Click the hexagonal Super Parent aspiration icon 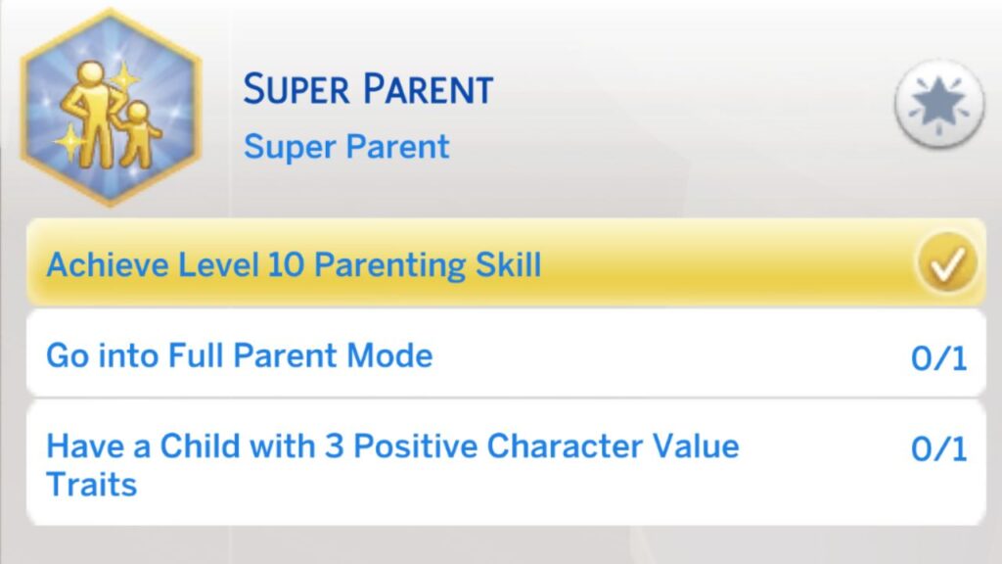pyautogui.click(x=111, y=108)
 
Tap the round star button pyautogui.click(x=938, y=103)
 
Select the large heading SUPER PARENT pyautogui.click(x=368, y=90)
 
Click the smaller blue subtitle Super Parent pyautogui.click(x=346, y=147)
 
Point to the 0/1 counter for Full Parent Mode pyautogui.click(x=938, y=358)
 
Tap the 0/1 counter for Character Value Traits pyautogui.click(x=938, y=449)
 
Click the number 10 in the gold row pyautogui.click(x=290, y=264)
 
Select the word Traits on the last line pyautogui.click(x=91, y=483)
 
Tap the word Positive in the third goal pyautogui.click(x=415, y=446)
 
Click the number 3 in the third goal pyautogui.click(x=334, y=446)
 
